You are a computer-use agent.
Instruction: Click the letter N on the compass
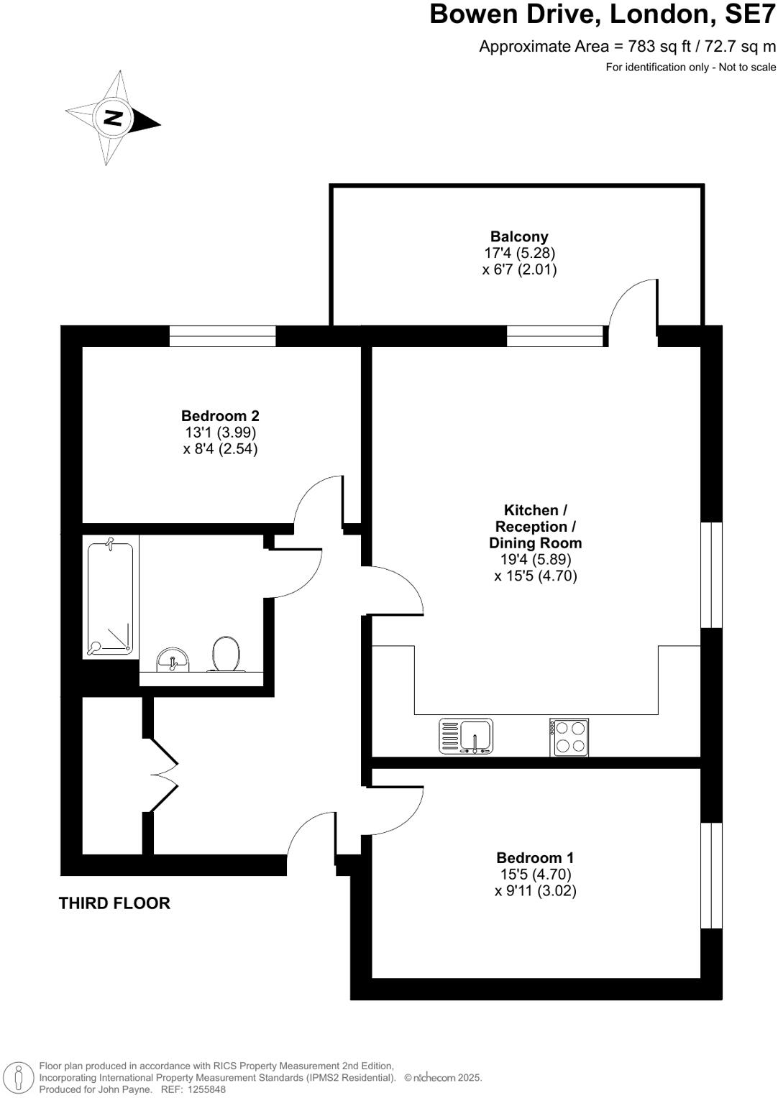pyautogui.click(x=114, y=118)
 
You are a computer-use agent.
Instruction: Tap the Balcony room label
pyautogui.click(x=519, y=236)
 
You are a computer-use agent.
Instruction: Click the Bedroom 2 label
pyautogui.click(x=220, y=415)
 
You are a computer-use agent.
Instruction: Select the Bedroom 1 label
pyautogui.click(x=535, y=857)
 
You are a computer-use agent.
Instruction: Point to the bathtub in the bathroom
pyautogui.click(x=110, y=598)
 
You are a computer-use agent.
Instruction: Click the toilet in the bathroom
pyautogui.click(x=226, y=654)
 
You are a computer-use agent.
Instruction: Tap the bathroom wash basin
pyautogui.click(x=173, y=660)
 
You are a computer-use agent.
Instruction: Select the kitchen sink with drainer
pyautogui.click(x=466, y=737)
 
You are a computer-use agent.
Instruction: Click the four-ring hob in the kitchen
pyautogui.click(x=569, y=737)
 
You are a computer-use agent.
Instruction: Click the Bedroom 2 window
pyautogui.click(x=223, y=336)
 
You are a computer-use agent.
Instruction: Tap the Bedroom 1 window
pyautogui.click(x=711, y=875)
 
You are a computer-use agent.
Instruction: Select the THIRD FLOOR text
pyautogui.click(x=114, y=903)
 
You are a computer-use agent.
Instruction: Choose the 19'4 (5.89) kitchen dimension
pyautogui.click(x=535, y=559)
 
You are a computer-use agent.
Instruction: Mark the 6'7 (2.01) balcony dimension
pyautogui.click(x=519, y=269)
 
